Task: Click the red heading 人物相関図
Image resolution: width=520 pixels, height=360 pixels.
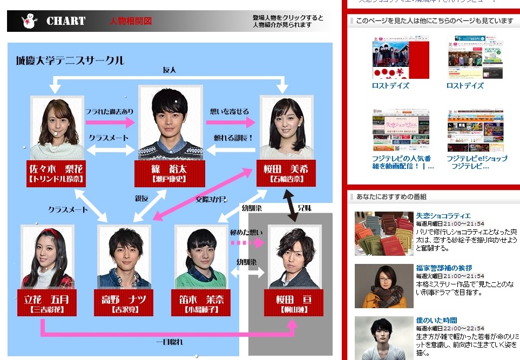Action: [x=130, y=21]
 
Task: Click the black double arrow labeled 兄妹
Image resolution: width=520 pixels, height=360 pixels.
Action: [x=293, y=206]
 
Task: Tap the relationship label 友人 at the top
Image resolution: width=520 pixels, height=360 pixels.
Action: [x=170, y=70]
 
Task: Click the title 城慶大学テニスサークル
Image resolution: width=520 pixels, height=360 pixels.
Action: [x=70, y=60]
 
